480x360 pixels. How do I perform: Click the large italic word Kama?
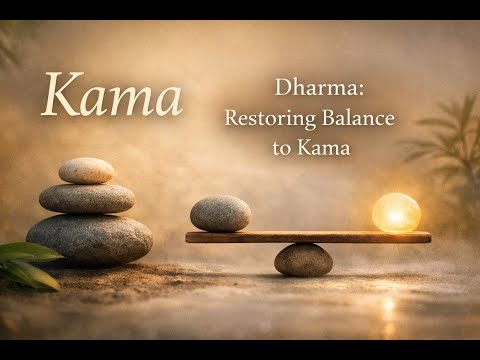coord(112,96)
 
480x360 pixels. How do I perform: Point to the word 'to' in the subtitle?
coord(282,146)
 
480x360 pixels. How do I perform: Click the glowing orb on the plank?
coord(396,213)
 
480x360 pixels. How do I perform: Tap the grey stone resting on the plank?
coord(220,213)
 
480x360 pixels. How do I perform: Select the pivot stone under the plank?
coord(303,260)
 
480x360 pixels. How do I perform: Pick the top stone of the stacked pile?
coord(86,171)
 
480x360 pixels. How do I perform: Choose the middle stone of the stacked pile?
coord(87,198)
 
